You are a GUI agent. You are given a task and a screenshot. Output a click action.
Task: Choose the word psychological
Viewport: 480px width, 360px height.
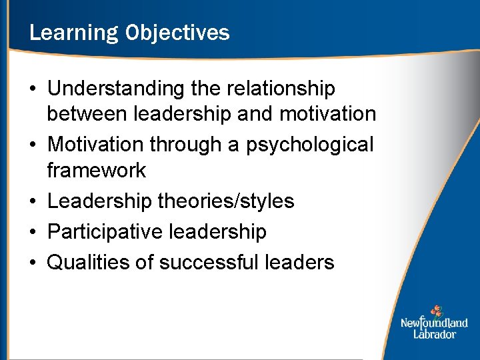[x=310, y=144]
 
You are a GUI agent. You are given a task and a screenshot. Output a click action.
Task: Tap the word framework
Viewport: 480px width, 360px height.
[x=96, y=170]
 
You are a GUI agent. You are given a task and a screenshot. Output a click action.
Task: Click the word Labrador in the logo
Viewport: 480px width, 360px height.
[x=434, y=334]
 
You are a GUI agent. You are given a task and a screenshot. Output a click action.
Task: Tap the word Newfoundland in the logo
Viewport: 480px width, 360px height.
[x=434, y=323]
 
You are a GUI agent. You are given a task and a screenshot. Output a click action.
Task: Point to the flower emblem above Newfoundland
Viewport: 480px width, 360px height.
[x=436, y=311]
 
